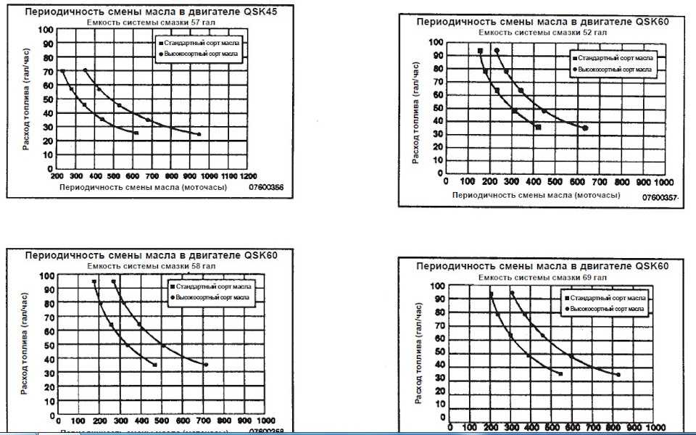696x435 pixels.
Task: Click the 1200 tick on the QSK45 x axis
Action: click(249, 176)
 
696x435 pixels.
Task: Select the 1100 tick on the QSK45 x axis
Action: click(229, 176)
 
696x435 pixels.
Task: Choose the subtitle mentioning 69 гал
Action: click(542, 277)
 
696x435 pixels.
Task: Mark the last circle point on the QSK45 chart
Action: click(199, 134)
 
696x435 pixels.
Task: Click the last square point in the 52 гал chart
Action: click(538, 128)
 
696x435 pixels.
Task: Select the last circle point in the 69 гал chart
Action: click(618, 375)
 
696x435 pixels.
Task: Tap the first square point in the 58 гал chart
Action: click(94, 281)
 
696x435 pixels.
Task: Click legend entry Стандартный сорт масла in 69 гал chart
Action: click(608, 298)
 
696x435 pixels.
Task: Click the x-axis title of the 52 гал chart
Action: click(537, 196)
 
